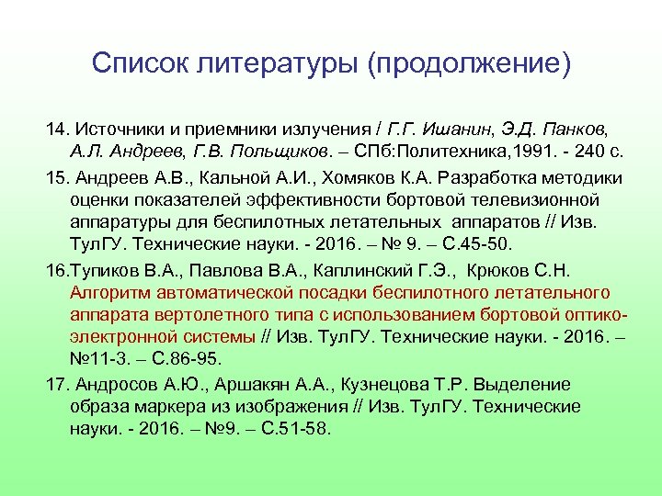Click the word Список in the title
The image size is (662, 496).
136,63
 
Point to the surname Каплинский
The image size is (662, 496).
356,270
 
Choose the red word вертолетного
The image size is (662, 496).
188,315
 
